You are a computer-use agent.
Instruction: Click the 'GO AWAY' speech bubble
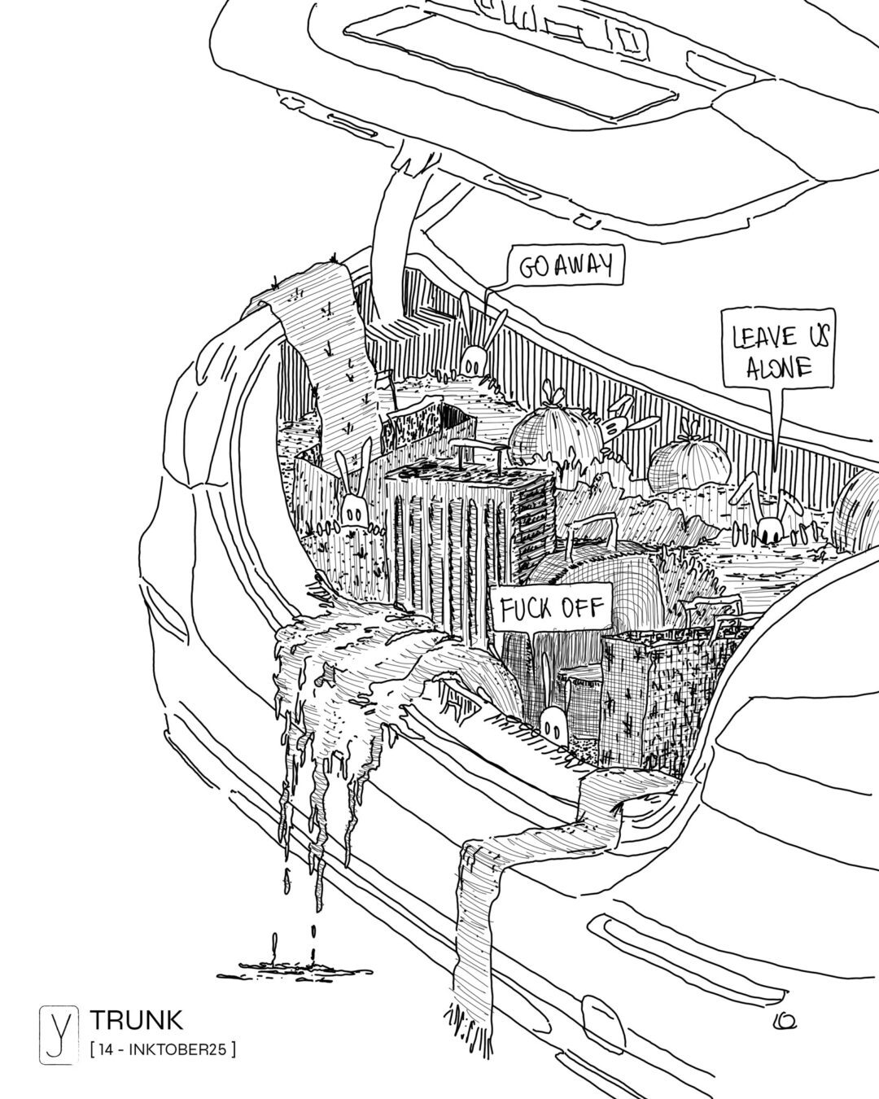coord(564,266)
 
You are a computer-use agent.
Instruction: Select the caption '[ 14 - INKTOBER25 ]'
coord(163,1050)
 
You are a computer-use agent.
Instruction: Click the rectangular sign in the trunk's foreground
coord(549,609)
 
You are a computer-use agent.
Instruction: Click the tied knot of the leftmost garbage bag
coord(555,396)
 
